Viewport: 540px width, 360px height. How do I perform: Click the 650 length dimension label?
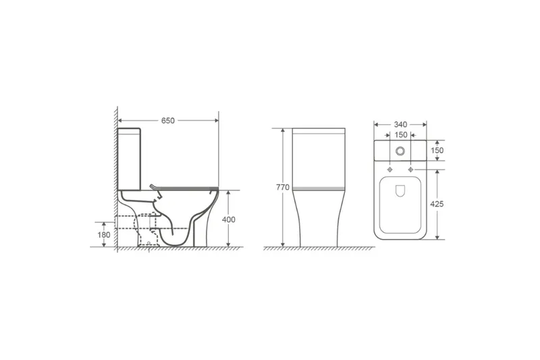pyautogui.click(x=168, y=120)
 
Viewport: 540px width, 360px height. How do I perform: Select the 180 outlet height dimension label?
pyautogui.click(x=103, y=234)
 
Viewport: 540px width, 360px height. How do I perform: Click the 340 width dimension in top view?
pyautogui.click(x=401, y=124)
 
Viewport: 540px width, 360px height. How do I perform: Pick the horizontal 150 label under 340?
pyautogui.click(x=401, y=136)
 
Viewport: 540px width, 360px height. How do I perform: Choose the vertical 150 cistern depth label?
pyautogui.click(x=437, y=151)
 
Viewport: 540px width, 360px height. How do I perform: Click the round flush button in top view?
pyautogui.click(x=400, y=151)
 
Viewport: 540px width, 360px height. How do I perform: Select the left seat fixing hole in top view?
pyautogui.click(x=390, y=166)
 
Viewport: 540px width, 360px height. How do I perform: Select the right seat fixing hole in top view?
pyautogui.click(x=410, y=166)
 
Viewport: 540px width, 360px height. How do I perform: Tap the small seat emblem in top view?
pyautogui.click(x=400, y=190)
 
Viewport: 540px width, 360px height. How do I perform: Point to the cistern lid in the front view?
pyautogui.click(x=320, y=133)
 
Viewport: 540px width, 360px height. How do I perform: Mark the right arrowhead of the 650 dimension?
pyautogui.click(x=217, y=120)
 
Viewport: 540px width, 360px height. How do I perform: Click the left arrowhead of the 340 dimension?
pyautogui.click(x=377, y=124)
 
